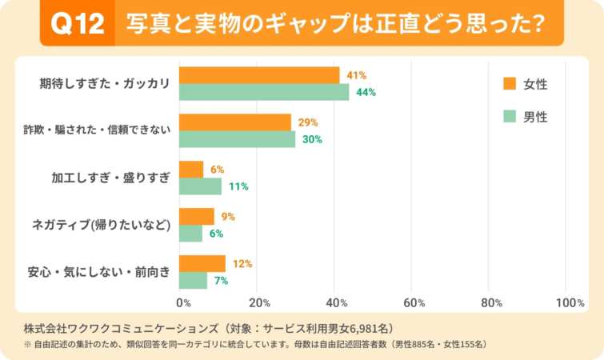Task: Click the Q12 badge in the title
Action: point(78,25)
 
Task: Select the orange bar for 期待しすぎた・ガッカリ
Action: point(258,75)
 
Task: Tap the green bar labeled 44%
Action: point(264,92)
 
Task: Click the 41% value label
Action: point(356,75)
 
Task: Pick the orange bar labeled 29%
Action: point(234,122)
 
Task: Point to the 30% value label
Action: point(312,139)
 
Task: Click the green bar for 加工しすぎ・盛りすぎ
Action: point(200,186)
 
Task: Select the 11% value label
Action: point(238,186)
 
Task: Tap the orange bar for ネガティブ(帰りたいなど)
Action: point(196,217)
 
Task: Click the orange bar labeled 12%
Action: point(202,264)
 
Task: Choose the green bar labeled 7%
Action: point(193,281)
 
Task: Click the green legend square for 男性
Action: point(509,117)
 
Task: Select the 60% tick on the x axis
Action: point(413,303)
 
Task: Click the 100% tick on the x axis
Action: point(570,303)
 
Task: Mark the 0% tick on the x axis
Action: point(183,303)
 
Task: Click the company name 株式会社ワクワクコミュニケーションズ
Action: point(120,329)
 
